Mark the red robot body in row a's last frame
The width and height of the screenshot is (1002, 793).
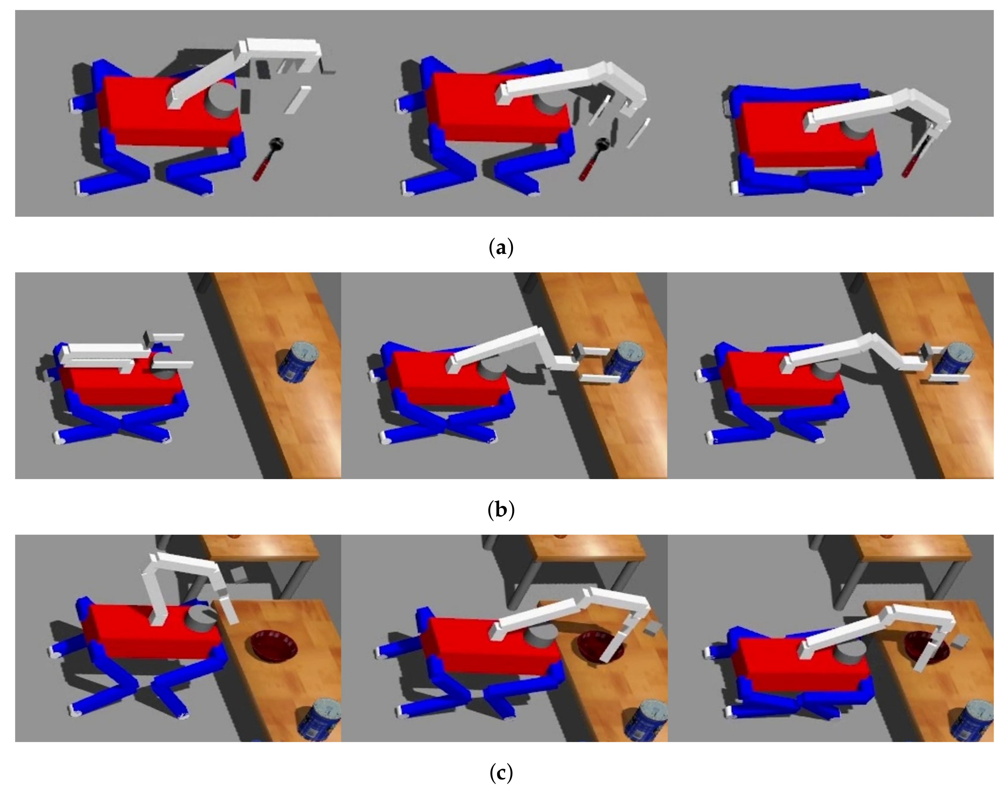pyautogui.click(x=807, y=135)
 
